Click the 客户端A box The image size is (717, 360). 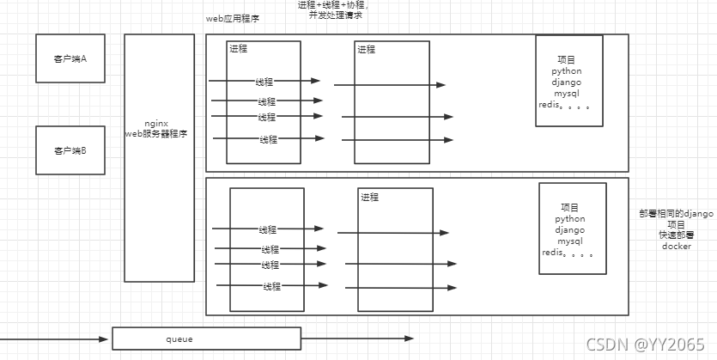70,58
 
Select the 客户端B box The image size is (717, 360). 70,150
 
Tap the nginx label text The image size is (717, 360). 156,124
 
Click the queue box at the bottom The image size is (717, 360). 206,339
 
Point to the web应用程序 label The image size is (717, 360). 233,18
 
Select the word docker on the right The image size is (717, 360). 677,247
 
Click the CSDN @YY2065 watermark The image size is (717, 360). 645,344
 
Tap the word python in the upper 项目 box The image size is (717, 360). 567,71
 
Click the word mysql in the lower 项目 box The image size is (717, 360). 570,241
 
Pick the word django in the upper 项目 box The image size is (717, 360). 568,82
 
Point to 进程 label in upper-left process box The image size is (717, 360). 239,49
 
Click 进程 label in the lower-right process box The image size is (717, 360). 370,198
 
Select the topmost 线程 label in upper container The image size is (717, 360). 264,82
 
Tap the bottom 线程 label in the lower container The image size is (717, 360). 271,286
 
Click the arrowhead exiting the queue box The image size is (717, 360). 409,338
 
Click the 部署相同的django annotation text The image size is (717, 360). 677,213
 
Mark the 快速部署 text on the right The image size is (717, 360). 677,235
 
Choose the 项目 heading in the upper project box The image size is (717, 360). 567,59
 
